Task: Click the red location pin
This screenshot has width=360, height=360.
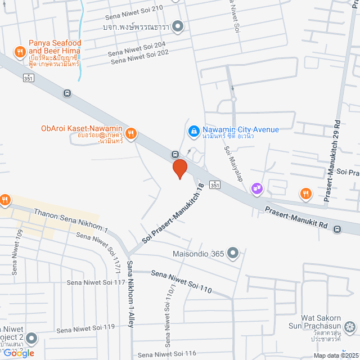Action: [x=179, y=169]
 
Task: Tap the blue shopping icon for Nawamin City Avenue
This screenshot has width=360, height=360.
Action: [x=193, y=130]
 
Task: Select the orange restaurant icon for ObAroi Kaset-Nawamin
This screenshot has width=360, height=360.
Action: [x=131, y=133]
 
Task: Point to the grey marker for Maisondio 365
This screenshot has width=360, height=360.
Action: [x=232, y=254]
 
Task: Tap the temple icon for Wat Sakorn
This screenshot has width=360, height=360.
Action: [x=350, y=326]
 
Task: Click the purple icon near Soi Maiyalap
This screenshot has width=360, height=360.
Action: [x=258, y=188]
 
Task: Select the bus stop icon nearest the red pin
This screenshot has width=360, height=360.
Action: [x=175, y=154]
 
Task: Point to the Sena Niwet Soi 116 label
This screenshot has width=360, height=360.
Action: [x=166, y=354]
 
